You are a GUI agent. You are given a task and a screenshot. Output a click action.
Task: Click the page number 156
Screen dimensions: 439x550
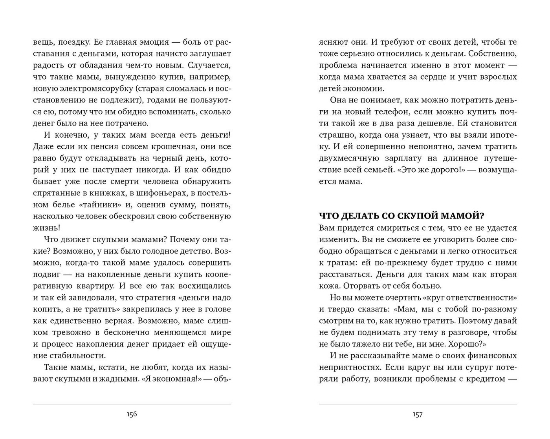tap(132, 414)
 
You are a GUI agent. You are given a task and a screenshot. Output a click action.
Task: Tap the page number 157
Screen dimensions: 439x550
tap(418, 414)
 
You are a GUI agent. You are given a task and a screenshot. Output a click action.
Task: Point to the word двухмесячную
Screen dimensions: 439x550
tap(349, 158)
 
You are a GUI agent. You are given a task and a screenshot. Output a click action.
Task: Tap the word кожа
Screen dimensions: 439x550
tap(329, 286)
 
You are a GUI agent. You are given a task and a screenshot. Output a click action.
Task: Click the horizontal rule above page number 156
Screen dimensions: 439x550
tap(132, 404)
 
